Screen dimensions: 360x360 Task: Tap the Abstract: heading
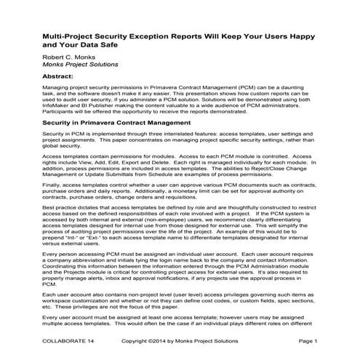point(62,76)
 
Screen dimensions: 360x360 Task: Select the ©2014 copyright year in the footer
point(153,341)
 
